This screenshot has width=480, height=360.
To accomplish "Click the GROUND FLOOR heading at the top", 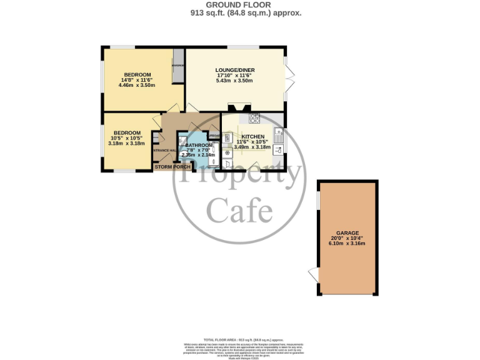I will (x=241, y=4).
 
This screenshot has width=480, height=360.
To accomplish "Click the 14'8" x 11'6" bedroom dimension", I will (x=136, y=80).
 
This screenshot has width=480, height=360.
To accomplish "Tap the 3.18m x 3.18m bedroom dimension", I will (x=126, y=143).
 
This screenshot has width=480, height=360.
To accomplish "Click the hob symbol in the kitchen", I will (x=255, y=117).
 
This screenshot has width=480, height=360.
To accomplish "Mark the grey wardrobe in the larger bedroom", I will (x=178, y=66).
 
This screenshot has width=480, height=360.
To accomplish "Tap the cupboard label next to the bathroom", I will (x=213, y=136).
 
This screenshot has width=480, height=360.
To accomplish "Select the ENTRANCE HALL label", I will (x=164, y=151).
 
